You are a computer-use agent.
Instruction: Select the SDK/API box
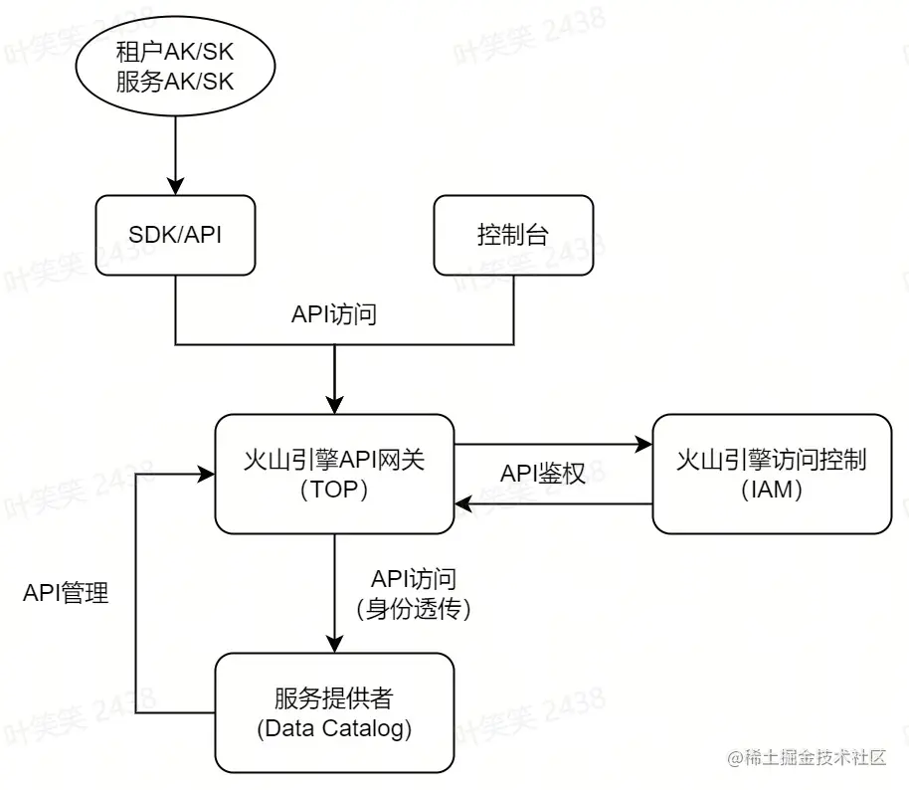[175, 235]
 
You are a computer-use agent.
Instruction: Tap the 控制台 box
[513, 235]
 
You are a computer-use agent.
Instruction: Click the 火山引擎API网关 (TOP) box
[334, 474]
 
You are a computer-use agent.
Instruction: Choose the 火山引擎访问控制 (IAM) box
[772, 474]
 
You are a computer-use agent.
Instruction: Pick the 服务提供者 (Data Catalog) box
[334, 712]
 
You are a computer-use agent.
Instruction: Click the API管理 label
[66, 594]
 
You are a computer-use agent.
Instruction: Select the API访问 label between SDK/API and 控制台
[334, 314]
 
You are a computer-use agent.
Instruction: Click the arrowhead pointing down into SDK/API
[175, 186]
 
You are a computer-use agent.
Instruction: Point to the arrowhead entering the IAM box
[643, 444]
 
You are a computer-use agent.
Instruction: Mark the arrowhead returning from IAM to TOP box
[463, 503]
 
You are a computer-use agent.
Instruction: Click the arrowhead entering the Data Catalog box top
[334, 644]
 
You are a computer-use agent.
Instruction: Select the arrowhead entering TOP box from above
[334, 405]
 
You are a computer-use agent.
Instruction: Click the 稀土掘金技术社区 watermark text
[815, 758]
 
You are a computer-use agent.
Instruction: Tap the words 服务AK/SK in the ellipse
[175, 82]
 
